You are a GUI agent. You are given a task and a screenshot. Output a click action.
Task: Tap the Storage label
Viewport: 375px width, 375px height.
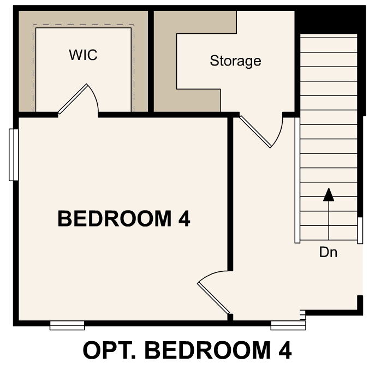click(x=235, y=61)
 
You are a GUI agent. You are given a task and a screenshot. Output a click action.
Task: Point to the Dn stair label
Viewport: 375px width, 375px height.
click(x=328, y=253)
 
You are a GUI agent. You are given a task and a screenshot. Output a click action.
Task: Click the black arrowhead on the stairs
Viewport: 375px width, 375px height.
click(x=328, y=195)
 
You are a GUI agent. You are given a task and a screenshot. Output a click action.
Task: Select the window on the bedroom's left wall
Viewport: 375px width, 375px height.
click(x=14, y=154)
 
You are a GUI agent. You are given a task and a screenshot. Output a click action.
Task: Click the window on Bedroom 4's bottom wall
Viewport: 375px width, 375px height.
click(x=67, y=326)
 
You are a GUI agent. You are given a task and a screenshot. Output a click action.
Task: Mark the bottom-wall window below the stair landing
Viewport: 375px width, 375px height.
click(x=288, y=326)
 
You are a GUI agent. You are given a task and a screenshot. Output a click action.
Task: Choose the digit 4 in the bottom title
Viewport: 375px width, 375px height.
click(x=283, y=350)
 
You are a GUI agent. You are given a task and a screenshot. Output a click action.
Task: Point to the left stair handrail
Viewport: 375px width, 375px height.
click(x=297, y=180)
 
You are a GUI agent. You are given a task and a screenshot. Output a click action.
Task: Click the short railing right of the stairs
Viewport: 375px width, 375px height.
click(x=360, y=230)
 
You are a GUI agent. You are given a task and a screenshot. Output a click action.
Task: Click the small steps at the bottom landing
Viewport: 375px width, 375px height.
click(x=302, y=315)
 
